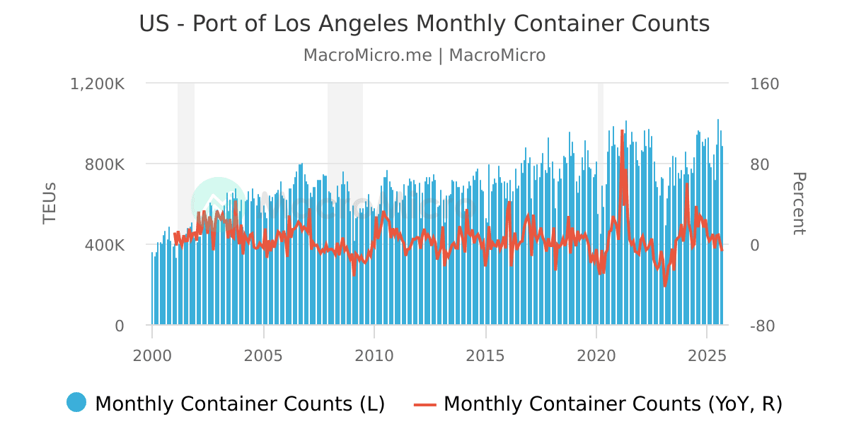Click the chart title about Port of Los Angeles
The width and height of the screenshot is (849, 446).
pos(424,23)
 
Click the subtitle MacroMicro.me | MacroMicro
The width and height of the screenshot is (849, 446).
pos(424,55)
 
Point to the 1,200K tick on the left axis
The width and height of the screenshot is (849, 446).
pos(98,84)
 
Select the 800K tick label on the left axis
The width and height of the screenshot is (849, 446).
pos(105,164)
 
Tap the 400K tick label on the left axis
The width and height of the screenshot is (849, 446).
pos(105,245)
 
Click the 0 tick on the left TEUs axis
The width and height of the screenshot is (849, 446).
pos(120,326)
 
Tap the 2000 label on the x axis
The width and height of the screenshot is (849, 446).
pos(152,354)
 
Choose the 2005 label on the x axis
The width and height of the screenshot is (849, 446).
pos(263,354)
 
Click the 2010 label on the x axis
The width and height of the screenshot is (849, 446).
pos(374,354)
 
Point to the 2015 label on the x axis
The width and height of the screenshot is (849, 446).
pos(485,354)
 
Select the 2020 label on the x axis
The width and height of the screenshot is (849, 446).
pos(596,354)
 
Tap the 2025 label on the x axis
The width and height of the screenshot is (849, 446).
pos(707,354)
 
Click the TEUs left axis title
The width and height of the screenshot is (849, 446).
pos(50,204)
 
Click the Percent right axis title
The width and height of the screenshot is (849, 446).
pos(798,204)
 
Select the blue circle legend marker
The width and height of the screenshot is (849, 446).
pos(76,403)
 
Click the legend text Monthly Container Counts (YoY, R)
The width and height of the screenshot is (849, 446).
pos(613,404)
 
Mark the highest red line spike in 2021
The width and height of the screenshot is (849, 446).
pos(622,131)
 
